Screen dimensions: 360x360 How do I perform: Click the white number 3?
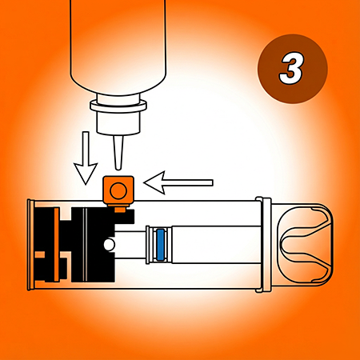291,69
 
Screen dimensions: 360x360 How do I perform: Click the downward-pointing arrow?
86,158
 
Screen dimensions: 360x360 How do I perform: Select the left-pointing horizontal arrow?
178,182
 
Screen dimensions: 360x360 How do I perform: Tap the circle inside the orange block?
118,191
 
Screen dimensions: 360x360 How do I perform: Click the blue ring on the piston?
160,245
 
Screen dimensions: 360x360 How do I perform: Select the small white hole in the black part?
109,245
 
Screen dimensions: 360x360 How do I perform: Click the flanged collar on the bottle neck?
118,106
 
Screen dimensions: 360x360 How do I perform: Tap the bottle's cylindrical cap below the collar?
118,122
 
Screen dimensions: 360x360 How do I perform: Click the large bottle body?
118,46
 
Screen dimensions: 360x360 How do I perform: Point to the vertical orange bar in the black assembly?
57,245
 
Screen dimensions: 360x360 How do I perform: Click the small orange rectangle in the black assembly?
40,254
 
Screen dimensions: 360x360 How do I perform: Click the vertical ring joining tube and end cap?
263,245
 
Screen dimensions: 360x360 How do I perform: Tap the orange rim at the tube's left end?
31,245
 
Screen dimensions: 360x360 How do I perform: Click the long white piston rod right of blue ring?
216,245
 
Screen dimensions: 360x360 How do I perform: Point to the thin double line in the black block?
85,245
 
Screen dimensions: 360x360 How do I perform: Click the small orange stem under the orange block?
120,210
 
